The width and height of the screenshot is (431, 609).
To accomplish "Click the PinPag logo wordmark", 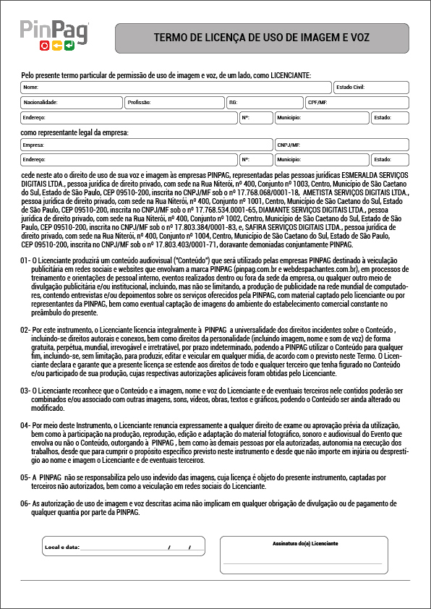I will pos(54,30).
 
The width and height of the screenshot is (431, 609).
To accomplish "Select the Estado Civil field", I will pos(371,88).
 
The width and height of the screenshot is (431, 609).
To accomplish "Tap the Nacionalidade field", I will pos(71,103).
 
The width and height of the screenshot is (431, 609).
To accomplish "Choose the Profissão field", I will pos(174,103).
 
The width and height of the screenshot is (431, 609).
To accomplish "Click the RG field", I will pos(264,103).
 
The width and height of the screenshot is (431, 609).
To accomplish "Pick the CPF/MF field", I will pos(357,103).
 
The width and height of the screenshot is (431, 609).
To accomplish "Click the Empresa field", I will pos(147,145).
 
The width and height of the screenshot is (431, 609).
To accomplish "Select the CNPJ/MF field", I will pos(341,145).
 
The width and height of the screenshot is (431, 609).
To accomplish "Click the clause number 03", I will pos(25,390).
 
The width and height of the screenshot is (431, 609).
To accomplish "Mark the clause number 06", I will pos(25,503).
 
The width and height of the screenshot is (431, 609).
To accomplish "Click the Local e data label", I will pos(61,548).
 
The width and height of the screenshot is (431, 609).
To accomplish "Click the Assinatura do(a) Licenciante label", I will pos(305,542).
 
